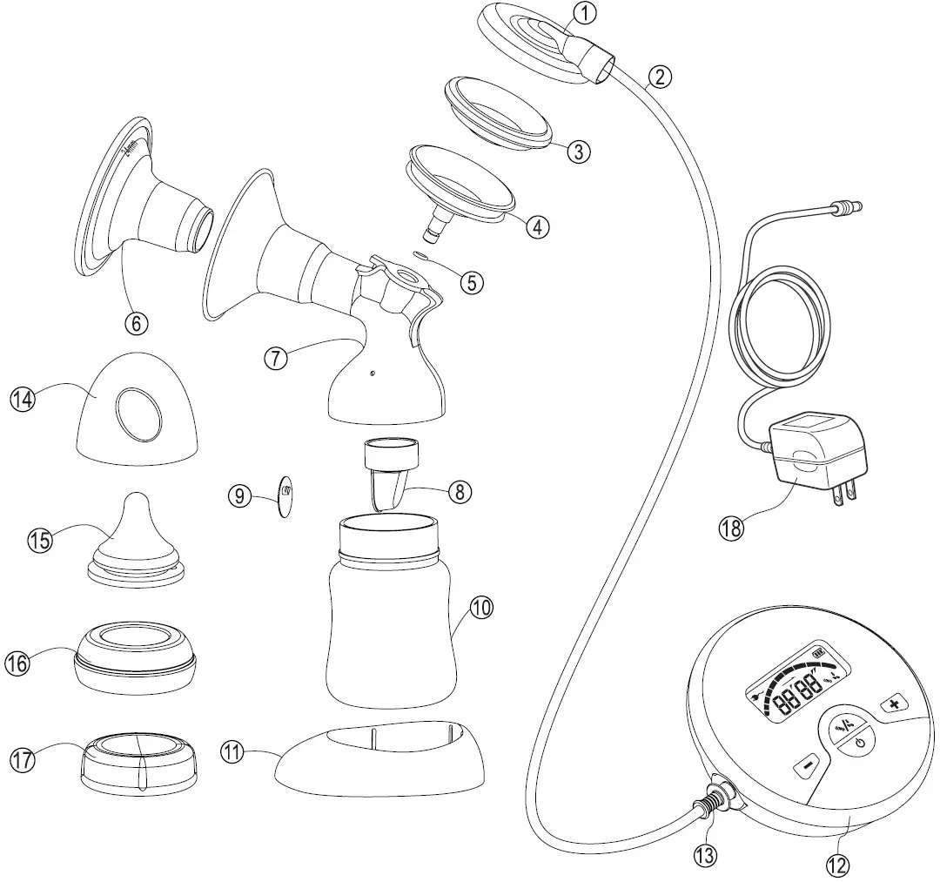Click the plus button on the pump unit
click(894, 703)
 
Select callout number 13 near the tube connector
click(705, 856)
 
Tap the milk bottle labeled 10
click(392, 609)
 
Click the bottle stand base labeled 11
click(379, 763)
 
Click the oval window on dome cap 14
click(138, 413)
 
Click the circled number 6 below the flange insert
click(136, 323)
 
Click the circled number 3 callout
click(578, 151)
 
